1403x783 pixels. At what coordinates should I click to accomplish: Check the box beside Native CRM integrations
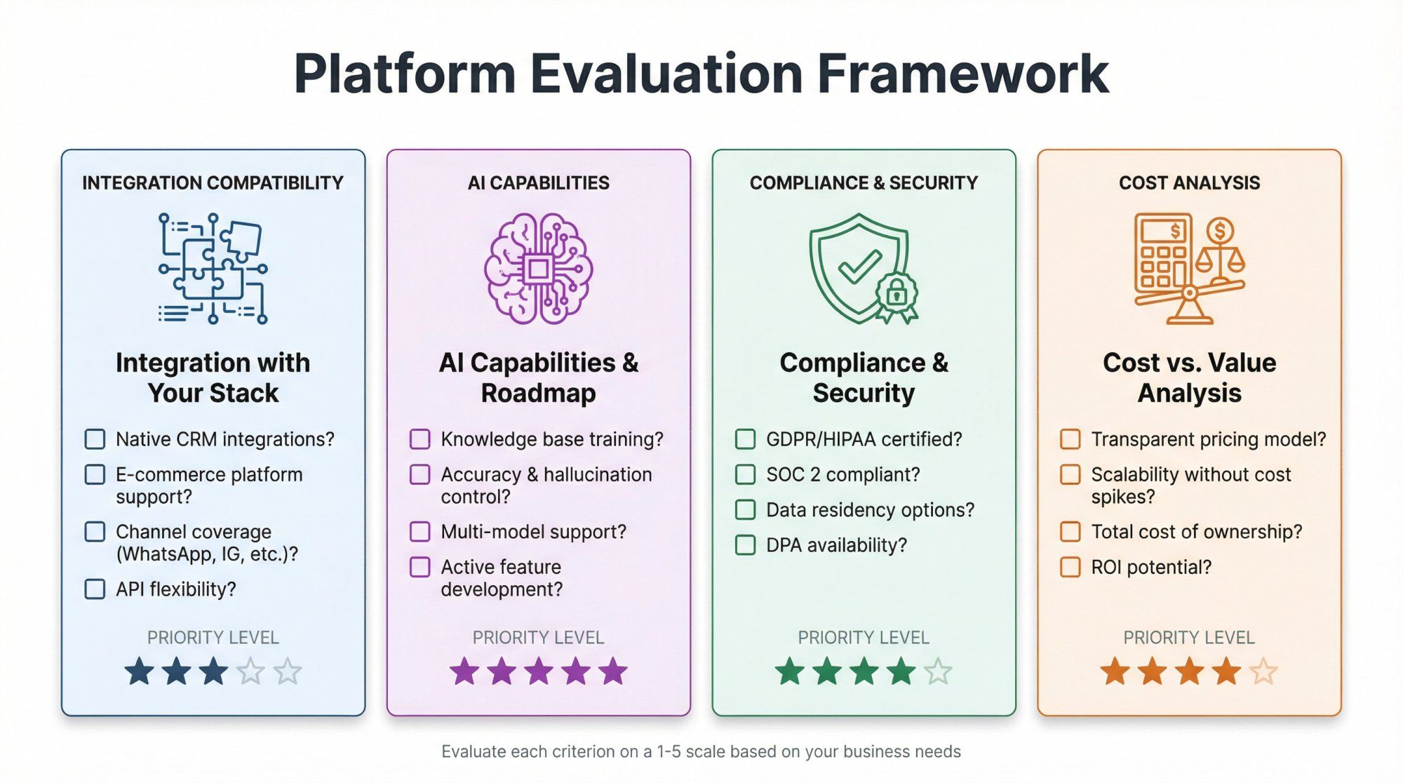[x=95, y=439]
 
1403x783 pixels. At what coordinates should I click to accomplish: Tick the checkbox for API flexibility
[x=95, y=589]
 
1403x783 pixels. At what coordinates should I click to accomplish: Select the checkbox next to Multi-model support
[x=419, y=531]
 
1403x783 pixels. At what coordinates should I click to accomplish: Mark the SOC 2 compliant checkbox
[x=745, y=474]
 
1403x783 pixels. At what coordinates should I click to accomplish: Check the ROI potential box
[x=1070, y=567]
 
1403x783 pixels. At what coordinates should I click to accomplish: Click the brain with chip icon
[x=538, y=268]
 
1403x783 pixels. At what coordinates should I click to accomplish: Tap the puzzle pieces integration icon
[x=213, y=268]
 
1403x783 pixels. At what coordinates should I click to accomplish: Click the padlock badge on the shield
[x=897, y=293]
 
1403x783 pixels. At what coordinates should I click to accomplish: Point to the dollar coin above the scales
[x=1221, y=230]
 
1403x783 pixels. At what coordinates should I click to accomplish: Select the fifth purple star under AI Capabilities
[x=614, y=671]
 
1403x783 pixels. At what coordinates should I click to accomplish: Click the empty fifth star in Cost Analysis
[x=1264, y=671]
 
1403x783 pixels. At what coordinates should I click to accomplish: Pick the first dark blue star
[x=139, y=671]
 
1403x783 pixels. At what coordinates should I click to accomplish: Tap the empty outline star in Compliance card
[x=938, y=671]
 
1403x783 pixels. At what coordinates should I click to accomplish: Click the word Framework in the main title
[x=962, y=74]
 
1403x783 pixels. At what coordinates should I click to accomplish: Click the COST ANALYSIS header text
[x=1189, y=183]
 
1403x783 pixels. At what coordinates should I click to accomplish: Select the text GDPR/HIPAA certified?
[x=864, y=439]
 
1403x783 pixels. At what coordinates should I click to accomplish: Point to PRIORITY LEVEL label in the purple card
[x=538, y=637]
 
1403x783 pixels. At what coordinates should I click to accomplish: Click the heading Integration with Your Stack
[x=213, y=377]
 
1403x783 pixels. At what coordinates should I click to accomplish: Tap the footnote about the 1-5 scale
[x=701, y=751]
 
